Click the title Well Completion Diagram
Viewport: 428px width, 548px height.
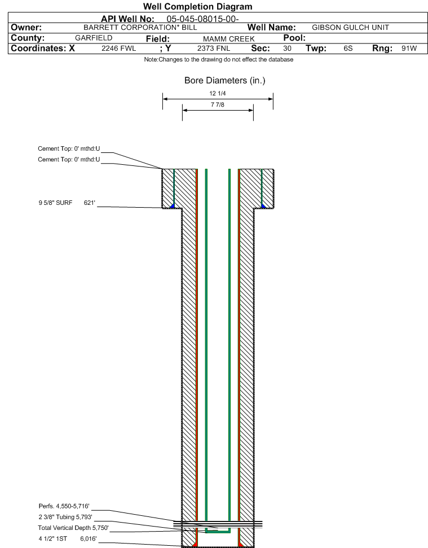[197, 7]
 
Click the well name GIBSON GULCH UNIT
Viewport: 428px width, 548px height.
[350, 27]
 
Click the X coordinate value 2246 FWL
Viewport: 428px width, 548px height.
[119, 49]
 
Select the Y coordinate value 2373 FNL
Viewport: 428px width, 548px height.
[213, 49]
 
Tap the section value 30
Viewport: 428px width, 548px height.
[287, 49]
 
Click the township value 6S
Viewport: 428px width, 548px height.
[348, 49]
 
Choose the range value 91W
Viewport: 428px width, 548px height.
[409, 49]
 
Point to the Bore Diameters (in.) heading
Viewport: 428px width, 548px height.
[224, 81]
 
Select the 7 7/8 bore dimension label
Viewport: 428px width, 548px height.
[218, 105]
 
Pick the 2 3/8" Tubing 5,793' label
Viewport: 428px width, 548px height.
[65, 517]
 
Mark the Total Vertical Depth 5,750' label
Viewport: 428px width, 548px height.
[73, 528]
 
